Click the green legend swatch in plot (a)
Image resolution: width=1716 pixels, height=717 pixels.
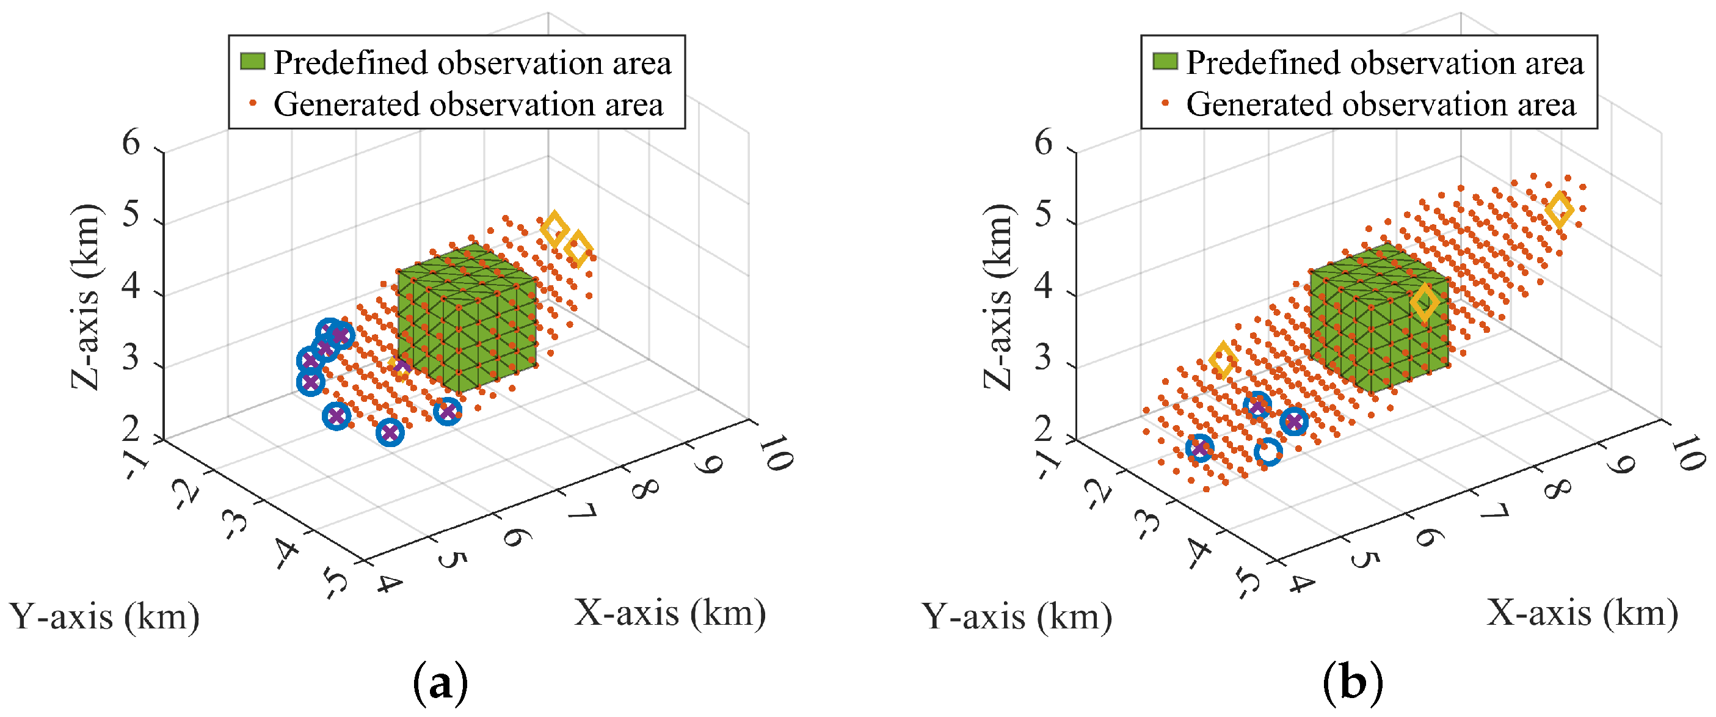tap(252, 61)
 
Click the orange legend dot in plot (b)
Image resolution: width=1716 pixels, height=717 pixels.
tap(1165, 103)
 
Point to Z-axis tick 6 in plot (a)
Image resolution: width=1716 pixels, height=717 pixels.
tap(131, 144)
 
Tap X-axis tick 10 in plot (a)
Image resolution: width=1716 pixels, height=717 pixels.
tap(774, 453)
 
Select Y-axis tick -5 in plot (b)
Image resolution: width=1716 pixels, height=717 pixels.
tap(1247, 583)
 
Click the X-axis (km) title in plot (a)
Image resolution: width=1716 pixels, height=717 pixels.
tap(669, 613)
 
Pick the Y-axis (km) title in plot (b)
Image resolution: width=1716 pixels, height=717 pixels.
tap(1017, 616)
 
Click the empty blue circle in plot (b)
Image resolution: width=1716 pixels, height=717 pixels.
tap(1268, 452)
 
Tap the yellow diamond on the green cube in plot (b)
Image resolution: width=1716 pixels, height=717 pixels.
tap(1423, 302)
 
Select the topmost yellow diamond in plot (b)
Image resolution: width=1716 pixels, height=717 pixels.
tap(1560, 210)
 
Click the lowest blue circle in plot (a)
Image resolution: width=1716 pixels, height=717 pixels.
tap(390, 433)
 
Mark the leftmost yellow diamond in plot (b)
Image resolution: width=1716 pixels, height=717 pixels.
tap(1223, 360)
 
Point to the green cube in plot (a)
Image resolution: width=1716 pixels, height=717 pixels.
tap(467, 320)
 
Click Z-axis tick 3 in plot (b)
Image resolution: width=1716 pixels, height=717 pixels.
tap(1043, 358)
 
